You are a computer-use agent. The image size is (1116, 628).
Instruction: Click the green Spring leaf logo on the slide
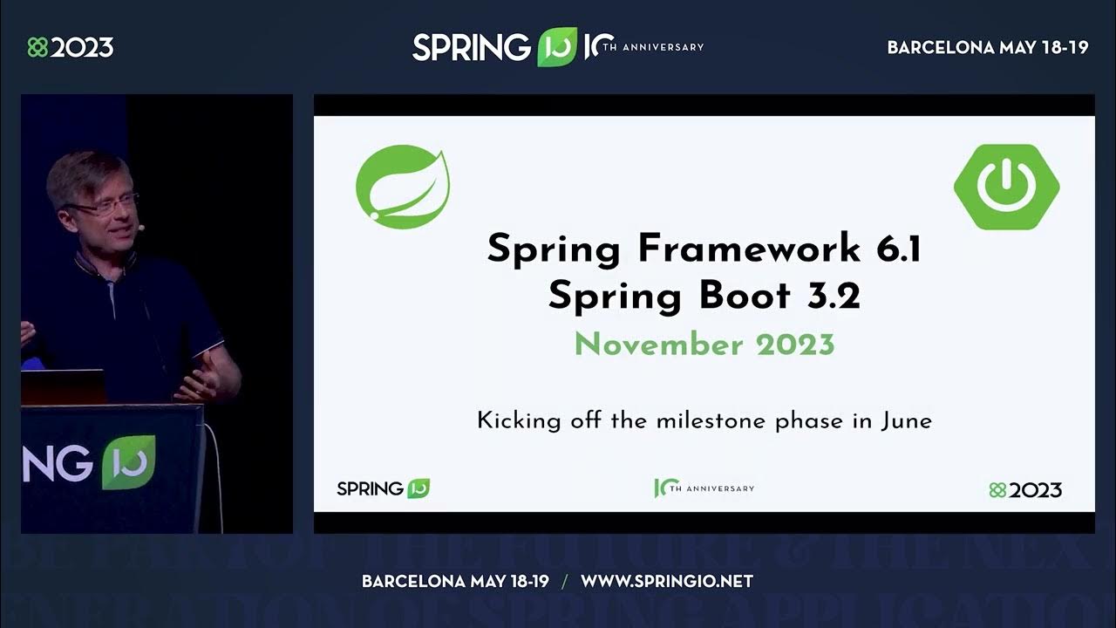[403, 187]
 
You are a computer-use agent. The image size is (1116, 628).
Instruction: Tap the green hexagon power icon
[1006, 187]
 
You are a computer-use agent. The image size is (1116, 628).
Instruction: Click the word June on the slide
[907, 421]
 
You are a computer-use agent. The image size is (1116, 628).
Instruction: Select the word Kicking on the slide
[515, 421]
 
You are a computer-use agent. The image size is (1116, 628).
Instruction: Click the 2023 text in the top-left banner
[81, 47]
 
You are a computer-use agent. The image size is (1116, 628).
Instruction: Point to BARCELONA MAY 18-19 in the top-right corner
[988, 48]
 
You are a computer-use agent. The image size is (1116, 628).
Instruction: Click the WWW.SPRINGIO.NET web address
[666, 581]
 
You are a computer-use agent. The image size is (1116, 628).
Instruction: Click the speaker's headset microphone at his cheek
[140, 227]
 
